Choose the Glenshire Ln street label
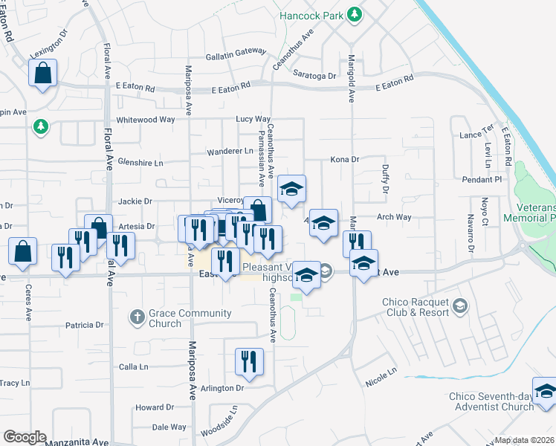click(x=140, y=162)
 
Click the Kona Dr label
click(x=345, y=159)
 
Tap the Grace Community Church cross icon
click(x=136, y=317)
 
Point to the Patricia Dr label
click(x=84, y=325)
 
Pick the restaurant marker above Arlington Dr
click(x=249, y=362)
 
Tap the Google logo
click(x=25, y=437)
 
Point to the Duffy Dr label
click(x=385, y=179)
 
